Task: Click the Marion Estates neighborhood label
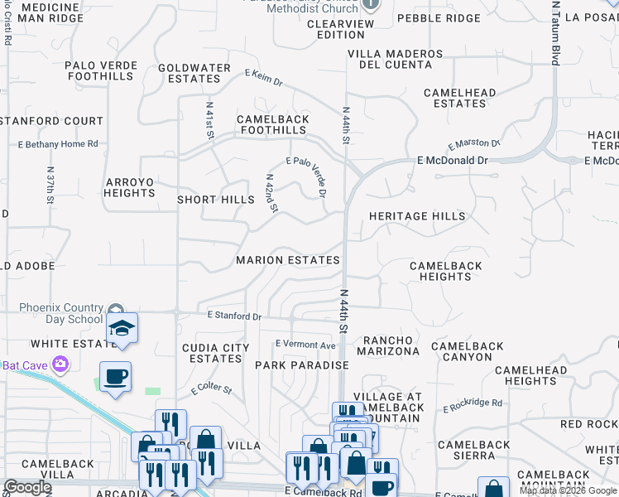287,260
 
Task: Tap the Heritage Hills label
417,216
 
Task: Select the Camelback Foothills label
272,124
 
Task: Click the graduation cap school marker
121,328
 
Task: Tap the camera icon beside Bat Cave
60,364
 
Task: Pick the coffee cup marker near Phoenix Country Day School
115,377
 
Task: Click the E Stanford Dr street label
234,316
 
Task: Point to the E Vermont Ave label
305,345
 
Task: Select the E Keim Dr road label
263,78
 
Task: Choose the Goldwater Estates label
194,73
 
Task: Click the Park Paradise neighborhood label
301,365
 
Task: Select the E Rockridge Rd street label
473,404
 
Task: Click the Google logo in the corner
26,487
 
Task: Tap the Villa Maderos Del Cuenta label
396,59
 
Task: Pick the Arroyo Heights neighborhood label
129,187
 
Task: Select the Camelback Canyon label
468,351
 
